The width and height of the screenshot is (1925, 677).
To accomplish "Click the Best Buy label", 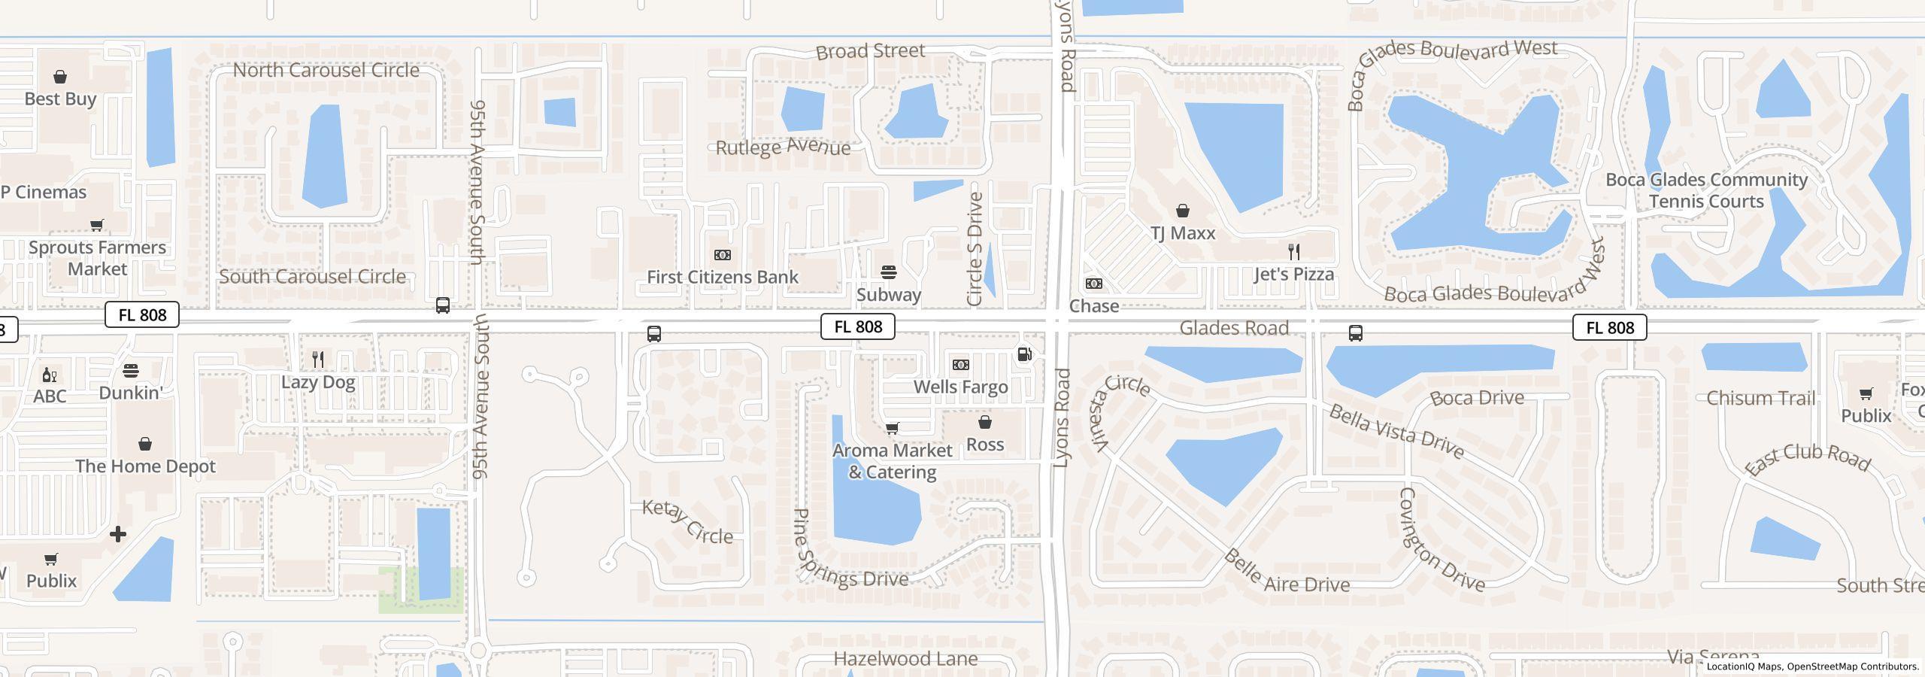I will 60,99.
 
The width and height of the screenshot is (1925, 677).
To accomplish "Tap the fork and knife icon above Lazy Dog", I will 318,360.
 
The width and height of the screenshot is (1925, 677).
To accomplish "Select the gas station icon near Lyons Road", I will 1024,354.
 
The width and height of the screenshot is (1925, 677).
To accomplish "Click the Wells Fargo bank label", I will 960,387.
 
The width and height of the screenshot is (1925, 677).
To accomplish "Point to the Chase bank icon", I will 1094,284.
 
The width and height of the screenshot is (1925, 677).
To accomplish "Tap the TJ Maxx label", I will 1183,233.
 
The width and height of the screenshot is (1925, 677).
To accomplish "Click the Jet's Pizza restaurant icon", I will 1294,251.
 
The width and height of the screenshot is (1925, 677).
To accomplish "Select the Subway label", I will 888,295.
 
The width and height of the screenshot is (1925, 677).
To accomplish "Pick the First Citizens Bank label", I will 723,278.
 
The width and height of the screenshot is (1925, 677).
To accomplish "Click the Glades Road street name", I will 1234,328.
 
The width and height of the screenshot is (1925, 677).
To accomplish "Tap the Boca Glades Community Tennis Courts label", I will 1706,190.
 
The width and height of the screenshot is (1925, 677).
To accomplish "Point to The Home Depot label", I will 145,466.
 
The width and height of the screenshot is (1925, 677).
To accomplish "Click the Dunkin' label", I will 131,393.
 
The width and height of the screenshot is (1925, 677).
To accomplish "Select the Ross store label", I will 984,445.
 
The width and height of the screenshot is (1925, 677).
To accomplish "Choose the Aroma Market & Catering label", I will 893,461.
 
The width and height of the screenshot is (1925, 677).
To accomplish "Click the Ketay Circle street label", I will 687,522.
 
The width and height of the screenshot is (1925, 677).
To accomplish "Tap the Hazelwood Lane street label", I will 905,659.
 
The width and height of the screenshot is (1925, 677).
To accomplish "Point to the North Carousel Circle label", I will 326,70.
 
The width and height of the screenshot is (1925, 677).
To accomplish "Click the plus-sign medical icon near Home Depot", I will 118,534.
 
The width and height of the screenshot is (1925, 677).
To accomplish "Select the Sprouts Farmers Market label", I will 97,258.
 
